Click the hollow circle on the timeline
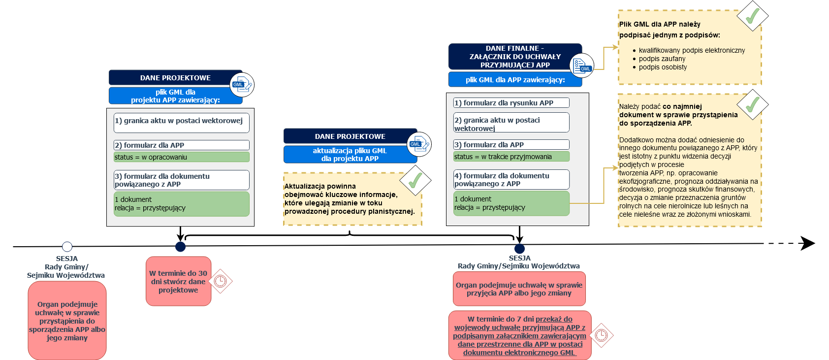coord(67,246)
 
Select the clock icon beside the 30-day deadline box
coord(220,281)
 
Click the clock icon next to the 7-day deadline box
coord(602,335)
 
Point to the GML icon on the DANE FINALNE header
coord(582,66)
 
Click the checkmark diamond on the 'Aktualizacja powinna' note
coord(415,180)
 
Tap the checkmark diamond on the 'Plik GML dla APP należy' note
coord(752,16)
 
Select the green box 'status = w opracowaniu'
coord(181,157)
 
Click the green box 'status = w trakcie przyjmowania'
coord(511,157)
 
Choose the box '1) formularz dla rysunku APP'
coord(511,103)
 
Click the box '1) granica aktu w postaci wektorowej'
coord(181,123)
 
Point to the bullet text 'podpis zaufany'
coord(662,59)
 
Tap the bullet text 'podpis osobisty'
coord(663,67)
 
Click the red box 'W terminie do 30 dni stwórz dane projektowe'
coord(178,281)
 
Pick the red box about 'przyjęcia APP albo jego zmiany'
coord(519,289)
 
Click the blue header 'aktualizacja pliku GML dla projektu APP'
coord(350,155)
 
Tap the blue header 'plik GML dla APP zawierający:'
coord(515,80)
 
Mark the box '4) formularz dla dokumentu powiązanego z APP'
coord(511,180)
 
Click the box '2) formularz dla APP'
coord(181,145)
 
